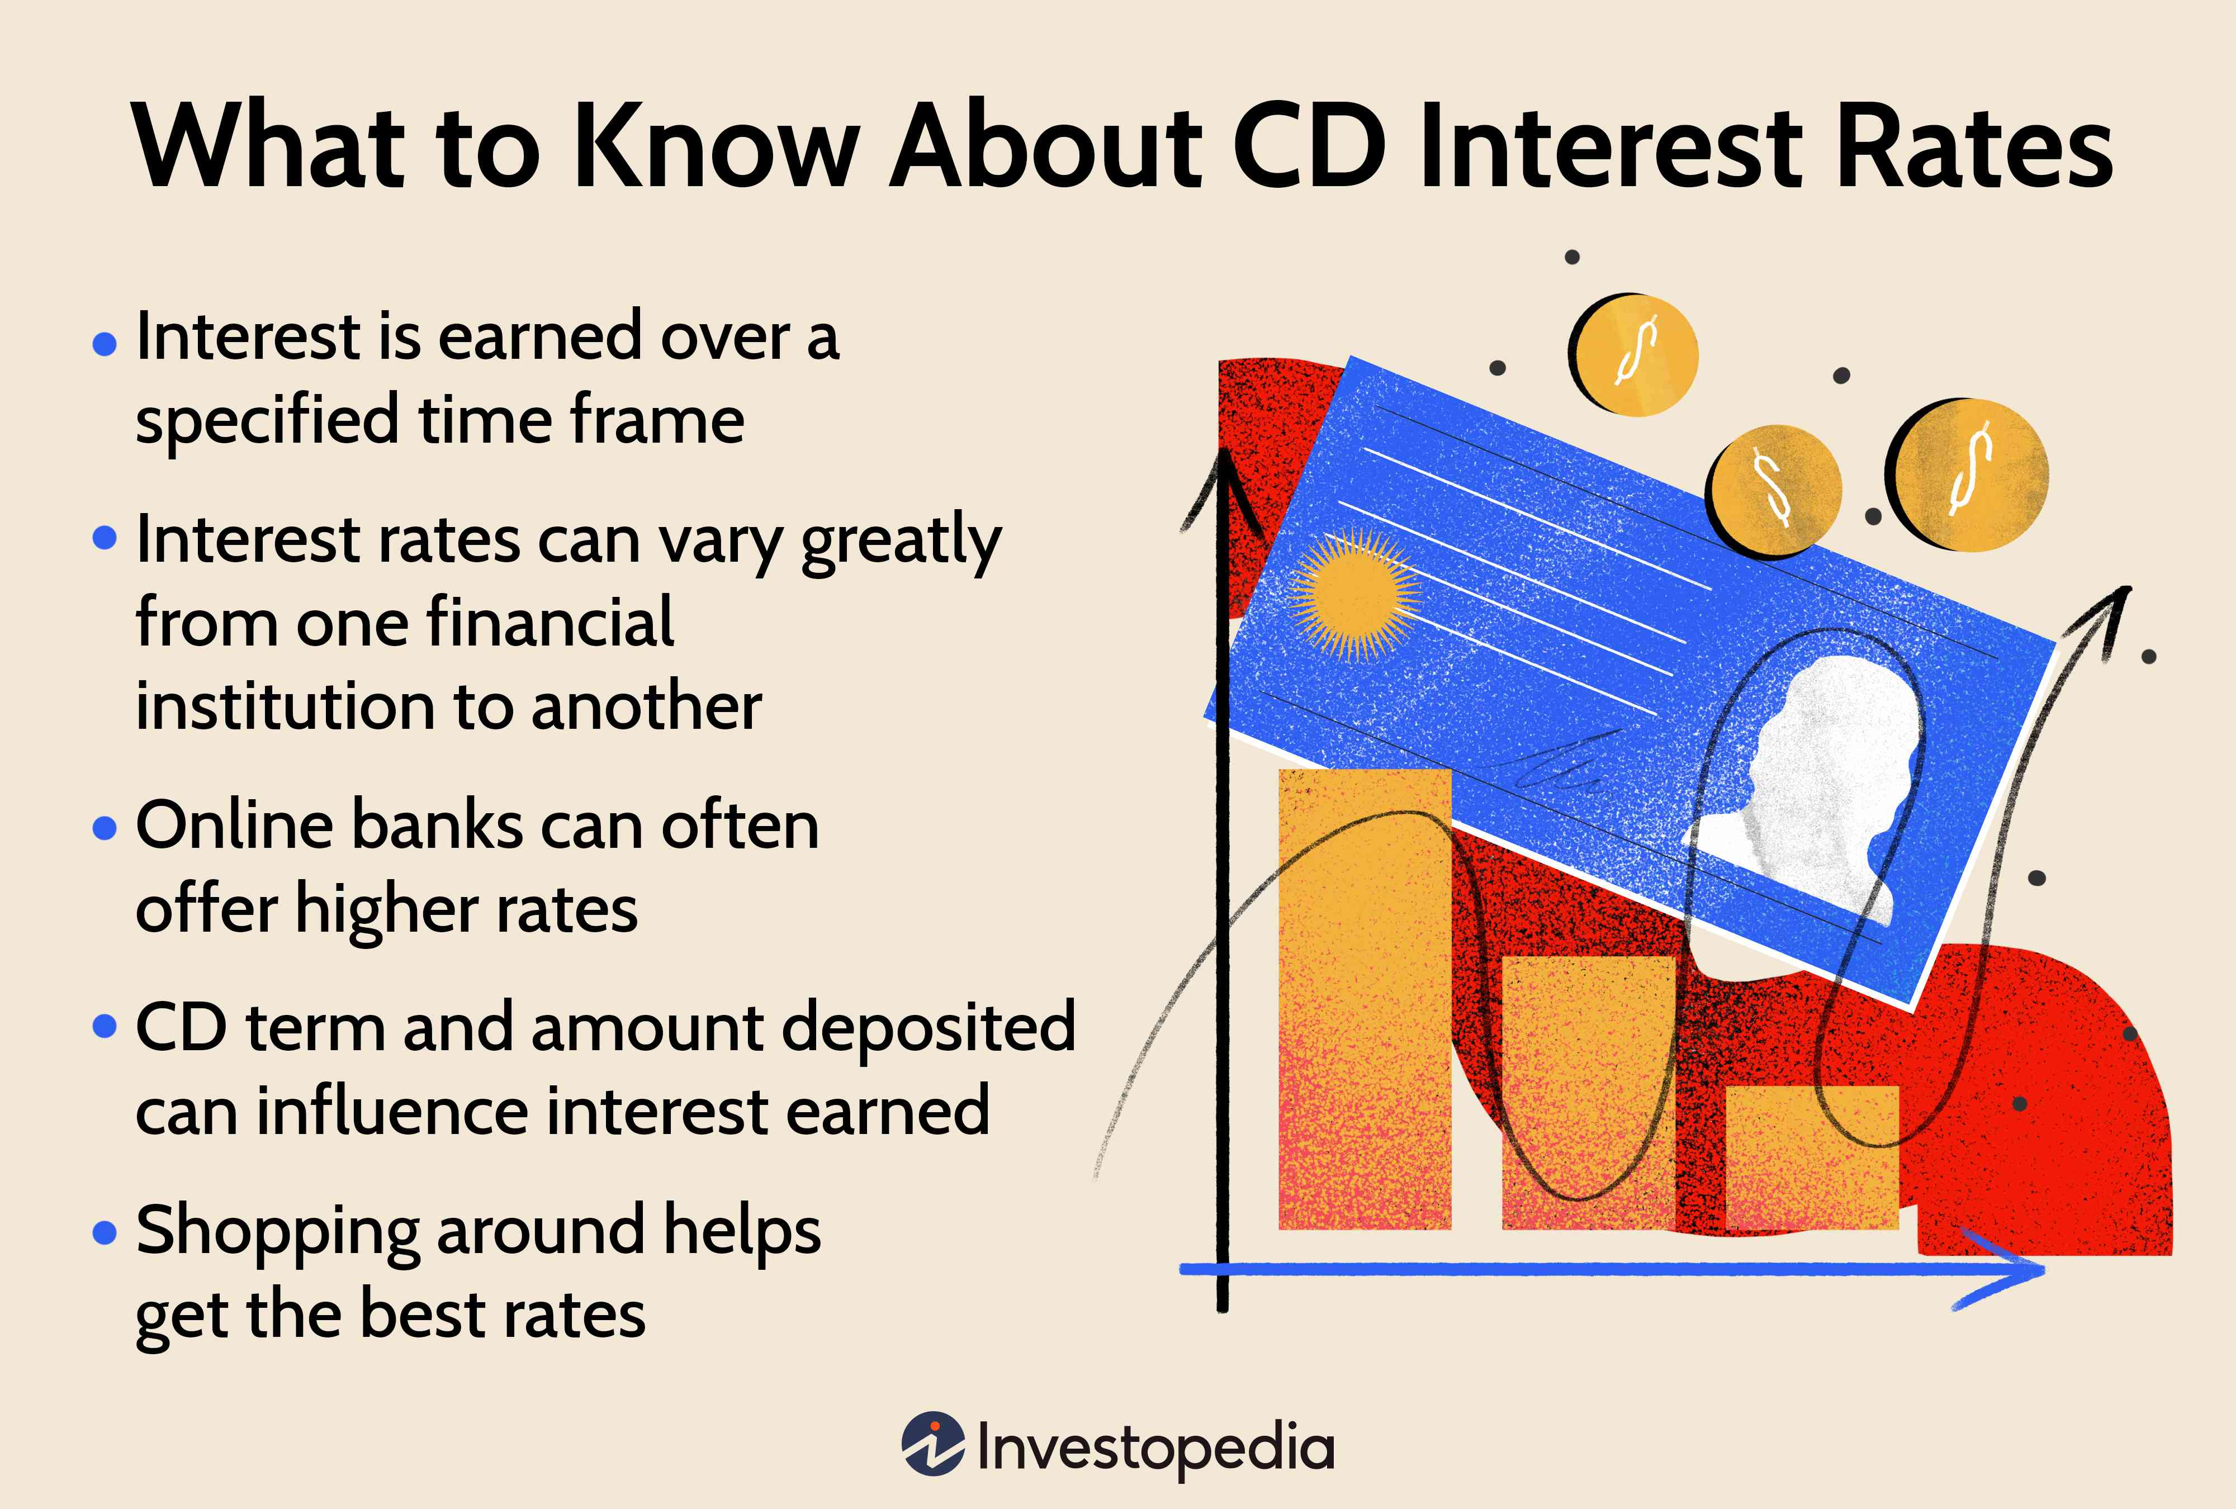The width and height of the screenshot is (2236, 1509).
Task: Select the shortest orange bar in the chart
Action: (x=1812, y=1158)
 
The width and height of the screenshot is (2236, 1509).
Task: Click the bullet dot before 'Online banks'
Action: (x=104, y=828)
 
